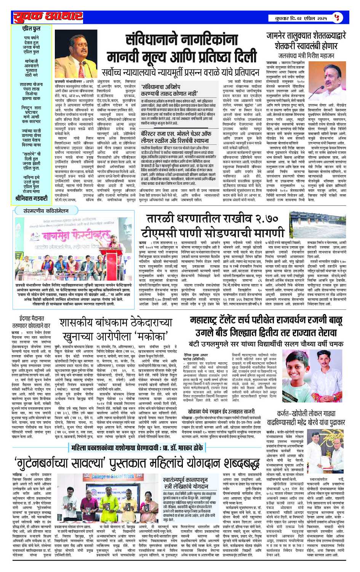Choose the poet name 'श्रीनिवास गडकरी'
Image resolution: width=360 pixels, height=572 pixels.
coord(31,198)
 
